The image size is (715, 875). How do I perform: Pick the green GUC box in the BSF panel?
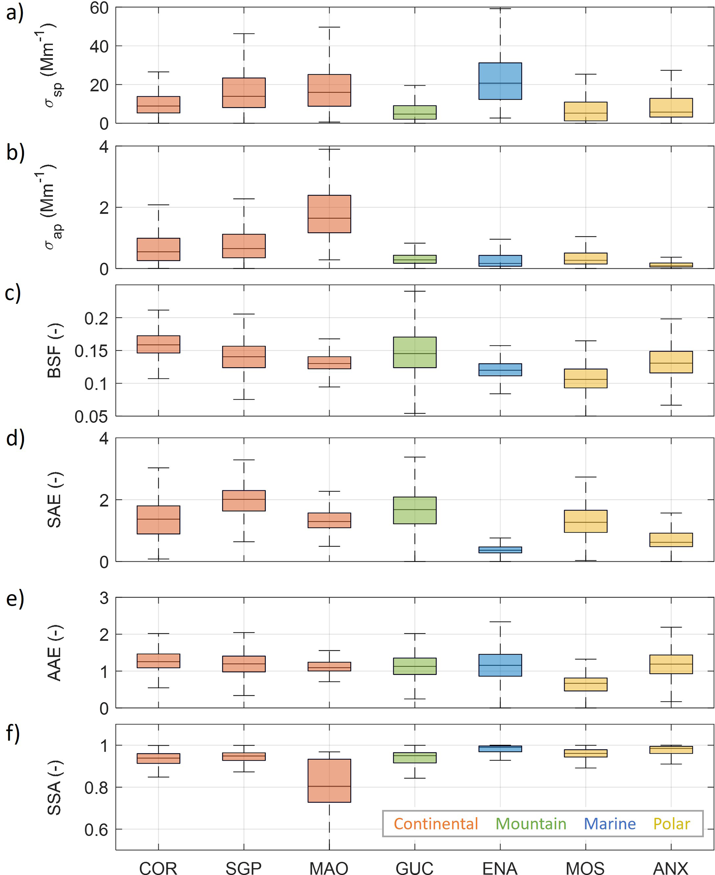click(414, 352)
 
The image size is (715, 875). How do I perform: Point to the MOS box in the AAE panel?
click(585, 684)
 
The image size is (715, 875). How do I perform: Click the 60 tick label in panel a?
click(99, 8)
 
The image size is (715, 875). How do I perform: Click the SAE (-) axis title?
click(55, 499)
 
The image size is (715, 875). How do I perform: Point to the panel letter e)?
click(15, 599)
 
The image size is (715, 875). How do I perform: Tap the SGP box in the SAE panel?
click(244, 501)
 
